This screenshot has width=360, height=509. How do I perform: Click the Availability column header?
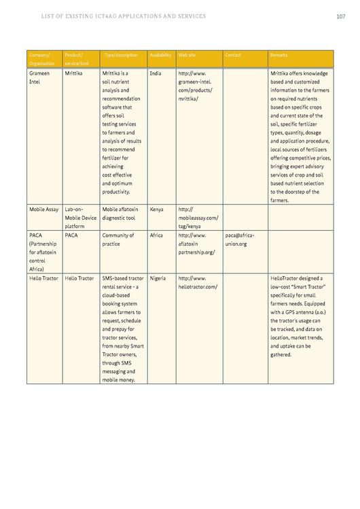click(160, 54)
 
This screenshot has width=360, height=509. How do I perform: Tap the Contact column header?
click(233, 54)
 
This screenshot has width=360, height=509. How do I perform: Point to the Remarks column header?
click(279, 54)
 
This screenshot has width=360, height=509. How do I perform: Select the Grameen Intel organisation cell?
click(39, 77)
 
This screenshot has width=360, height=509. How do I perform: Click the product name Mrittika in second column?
click(74, 73)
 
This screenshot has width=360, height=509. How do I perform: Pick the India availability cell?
click(156, 73)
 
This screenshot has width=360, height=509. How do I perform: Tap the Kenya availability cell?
click(157, 210)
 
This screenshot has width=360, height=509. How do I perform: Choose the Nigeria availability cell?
click(158, 278)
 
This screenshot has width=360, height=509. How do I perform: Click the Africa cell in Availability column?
click(156, 235)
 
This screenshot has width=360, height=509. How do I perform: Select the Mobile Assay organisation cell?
click(44, 210)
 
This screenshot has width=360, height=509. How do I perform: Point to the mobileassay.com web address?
click(198, 218)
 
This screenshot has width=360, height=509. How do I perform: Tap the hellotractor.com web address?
click(198, 286)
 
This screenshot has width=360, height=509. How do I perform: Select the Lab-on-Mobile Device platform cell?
click(80, 218)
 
